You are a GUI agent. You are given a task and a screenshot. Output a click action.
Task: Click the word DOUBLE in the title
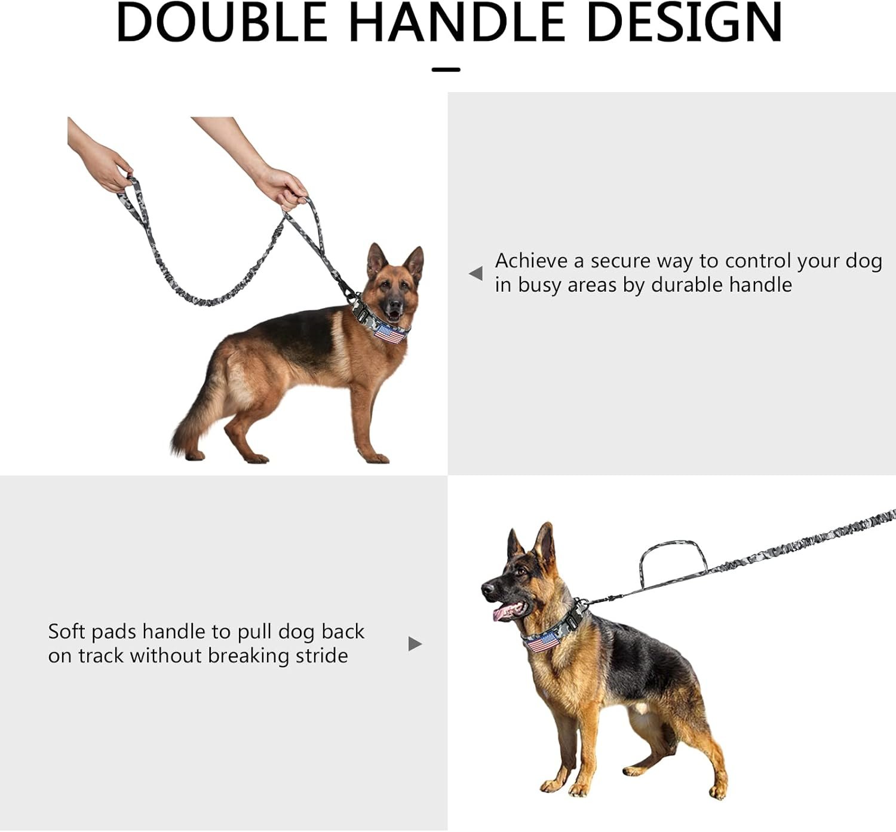tap(222, 23)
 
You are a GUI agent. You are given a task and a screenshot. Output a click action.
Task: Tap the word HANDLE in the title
tap(456, 23)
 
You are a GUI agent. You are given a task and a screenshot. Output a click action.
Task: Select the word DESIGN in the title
tap(684, 23)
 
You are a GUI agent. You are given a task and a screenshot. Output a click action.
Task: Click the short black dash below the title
tap(446, 69)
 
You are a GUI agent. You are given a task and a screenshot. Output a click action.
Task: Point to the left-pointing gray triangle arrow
tap(476, 273)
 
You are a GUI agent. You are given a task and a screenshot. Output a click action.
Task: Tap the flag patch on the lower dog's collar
tap(542, 643)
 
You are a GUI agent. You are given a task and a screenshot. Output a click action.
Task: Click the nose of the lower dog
tap(487, 588)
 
